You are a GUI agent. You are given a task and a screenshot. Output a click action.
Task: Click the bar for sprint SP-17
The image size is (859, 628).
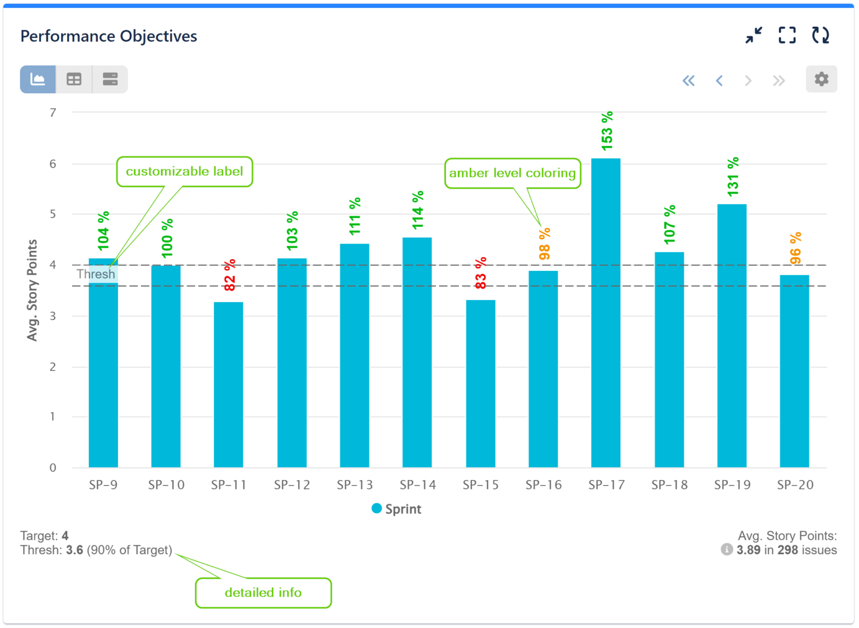(x=606, y=313)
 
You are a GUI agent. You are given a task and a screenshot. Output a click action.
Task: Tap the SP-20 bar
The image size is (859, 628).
(x=794, y=371)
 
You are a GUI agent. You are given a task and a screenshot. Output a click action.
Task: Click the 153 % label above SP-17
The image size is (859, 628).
(x=607, y=131)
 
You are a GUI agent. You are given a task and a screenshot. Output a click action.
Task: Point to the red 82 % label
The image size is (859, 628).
(x=229, y=275)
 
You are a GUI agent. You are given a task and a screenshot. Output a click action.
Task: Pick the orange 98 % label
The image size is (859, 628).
(x=544, y=244)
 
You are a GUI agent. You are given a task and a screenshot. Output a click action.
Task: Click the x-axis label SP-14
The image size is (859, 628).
(x=418, y=485)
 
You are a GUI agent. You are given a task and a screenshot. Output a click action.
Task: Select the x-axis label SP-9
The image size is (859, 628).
(x=103, y=485)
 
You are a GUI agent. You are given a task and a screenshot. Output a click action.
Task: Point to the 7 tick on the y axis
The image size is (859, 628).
(x=53, y=113)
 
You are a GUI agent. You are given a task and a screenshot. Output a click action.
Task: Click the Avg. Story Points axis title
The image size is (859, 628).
(x=32, y=290)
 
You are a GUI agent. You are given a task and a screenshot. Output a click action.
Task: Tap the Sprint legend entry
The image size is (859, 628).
(x=397, y=509)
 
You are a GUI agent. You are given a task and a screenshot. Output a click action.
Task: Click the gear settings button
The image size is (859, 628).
(x=821, y=79)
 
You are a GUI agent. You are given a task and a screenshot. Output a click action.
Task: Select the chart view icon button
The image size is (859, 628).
(x=38, y=79)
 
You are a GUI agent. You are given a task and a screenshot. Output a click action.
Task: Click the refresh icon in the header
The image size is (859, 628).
(x=820, y=36)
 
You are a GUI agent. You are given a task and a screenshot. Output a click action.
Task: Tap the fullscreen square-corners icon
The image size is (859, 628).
(x=787, y=36)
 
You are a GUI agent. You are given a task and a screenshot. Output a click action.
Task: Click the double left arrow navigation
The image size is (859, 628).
(x=688, y=81)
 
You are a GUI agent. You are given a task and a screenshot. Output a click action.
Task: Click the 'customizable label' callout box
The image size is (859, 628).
(x=185, y=172)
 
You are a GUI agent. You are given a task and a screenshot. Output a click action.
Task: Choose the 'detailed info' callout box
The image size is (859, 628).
(x=263, y=593)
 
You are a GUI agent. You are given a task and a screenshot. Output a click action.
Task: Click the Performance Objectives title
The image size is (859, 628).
(x=109, y=36)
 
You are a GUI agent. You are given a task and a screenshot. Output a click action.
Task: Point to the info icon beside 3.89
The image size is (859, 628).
(x=726, y=550)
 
